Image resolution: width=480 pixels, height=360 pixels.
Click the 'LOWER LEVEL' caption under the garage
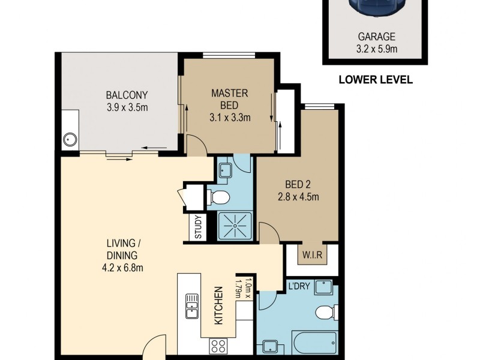(x=376, y=79)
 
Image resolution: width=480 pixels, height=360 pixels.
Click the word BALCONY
(x=127, y=95)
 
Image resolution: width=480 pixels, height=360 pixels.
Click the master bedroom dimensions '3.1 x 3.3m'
(x=230, y=118)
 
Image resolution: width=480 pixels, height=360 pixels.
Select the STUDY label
(x=199, y=228)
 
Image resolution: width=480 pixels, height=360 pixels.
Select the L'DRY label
(x=298, y=286)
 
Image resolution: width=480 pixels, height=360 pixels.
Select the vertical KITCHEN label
(x=219, y=305)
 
